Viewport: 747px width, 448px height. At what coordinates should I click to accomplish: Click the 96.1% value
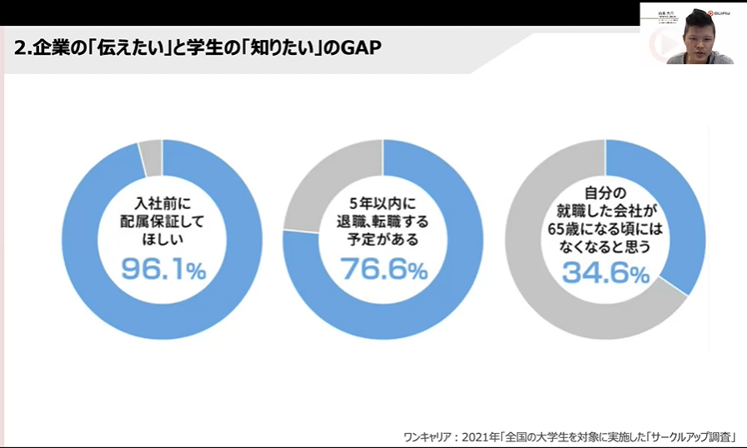(163, 268)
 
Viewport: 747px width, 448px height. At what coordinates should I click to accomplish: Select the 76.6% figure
(384, 268)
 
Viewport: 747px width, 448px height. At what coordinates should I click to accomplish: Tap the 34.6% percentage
(605, 271)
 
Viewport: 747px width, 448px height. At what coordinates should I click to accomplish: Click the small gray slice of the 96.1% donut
(151, 158)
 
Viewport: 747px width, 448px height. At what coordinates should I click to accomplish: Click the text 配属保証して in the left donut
(163, 222)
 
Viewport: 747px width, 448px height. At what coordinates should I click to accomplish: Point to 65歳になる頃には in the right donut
(605, 229)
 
